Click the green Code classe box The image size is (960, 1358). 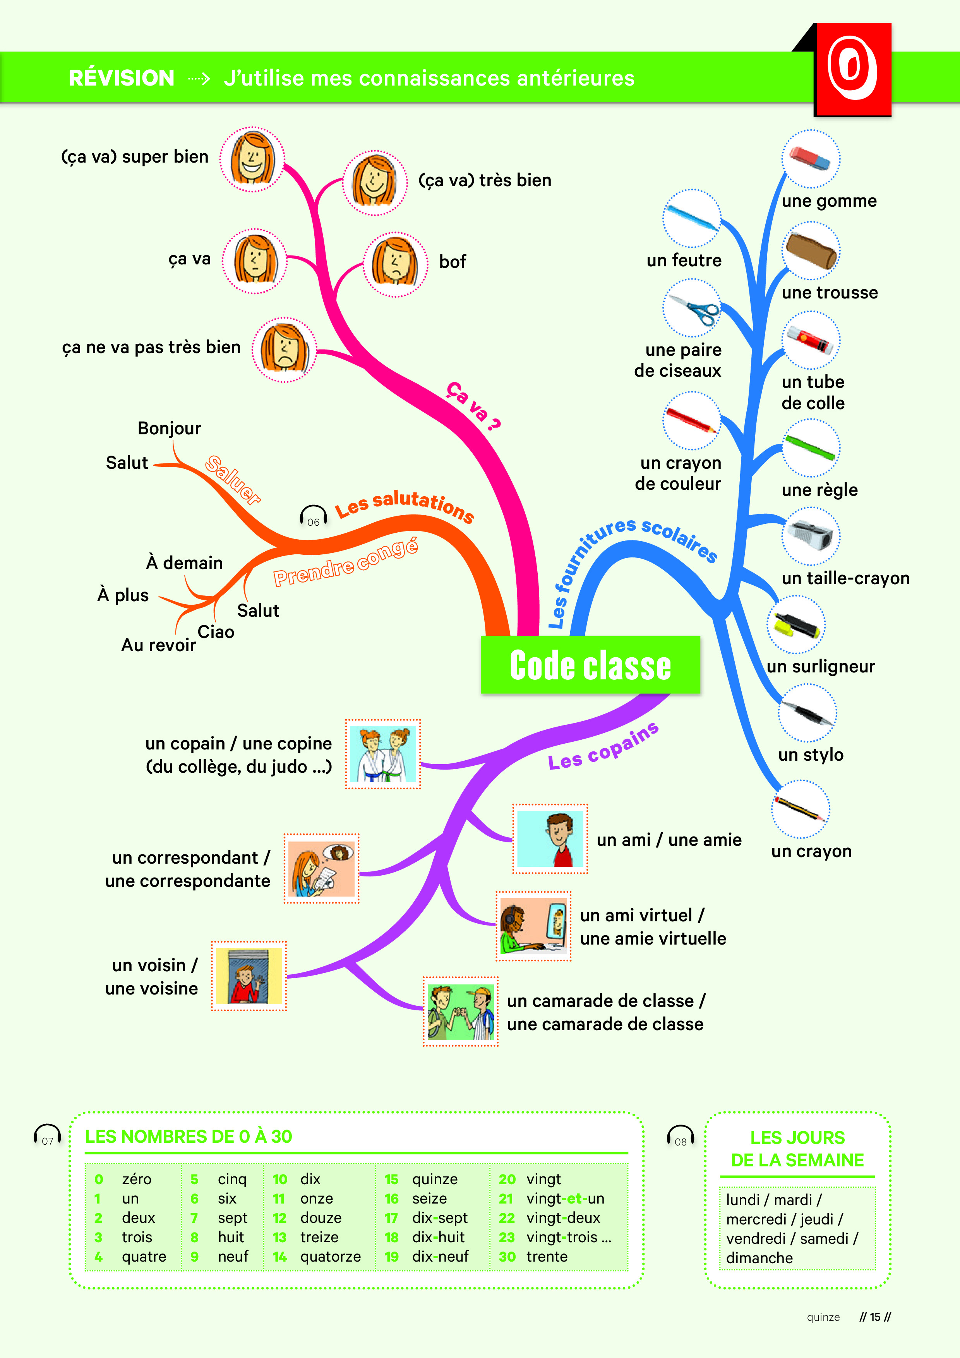(590, 665)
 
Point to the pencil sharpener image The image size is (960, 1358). (810, 536)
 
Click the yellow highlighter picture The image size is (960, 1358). (795, 624)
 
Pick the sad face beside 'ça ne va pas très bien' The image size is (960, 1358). (285, 349)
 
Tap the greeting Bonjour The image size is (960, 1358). (169, 428)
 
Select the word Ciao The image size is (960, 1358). (216, 632)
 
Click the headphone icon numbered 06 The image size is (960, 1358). (313, 517)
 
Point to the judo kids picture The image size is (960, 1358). (383, 754)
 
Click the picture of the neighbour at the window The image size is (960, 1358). (249, 976)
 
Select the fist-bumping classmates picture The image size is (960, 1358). (461, 1012)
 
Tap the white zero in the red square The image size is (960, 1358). (852, 68)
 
